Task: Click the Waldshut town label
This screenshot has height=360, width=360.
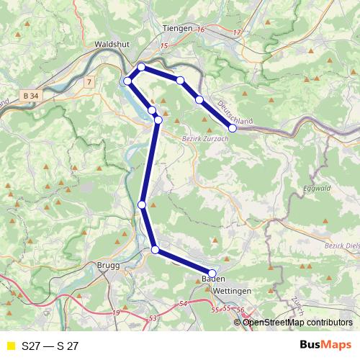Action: (111, 43)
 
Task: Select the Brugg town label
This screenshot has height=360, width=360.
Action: (107, 265)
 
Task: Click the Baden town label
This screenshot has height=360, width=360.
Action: (210, 279)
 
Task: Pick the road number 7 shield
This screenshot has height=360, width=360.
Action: (88, 82)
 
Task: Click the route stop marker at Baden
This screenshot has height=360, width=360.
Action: (212, 273)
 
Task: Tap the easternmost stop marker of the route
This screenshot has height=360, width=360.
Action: (233, 128)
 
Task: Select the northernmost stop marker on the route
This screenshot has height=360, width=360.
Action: (141, 67)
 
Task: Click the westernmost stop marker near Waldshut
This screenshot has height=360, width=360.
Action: (127, 80)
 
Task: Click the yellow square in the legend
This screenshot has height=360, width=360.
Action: (10, 346)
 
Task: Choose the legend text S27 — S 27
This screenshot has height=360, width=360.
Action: (50, 346)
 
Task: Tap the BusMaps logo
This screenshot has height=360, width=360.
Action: (325, 346)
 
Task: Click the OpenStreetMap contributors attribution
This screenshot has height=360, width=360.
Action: (297, 322)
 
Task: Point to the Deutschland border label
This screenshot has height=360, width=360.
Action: (235, 114)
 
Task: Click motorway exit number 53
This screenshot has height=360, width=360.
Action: (152, 318)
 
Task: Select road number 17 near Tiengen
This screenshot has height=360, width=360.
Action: (237, 33)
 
